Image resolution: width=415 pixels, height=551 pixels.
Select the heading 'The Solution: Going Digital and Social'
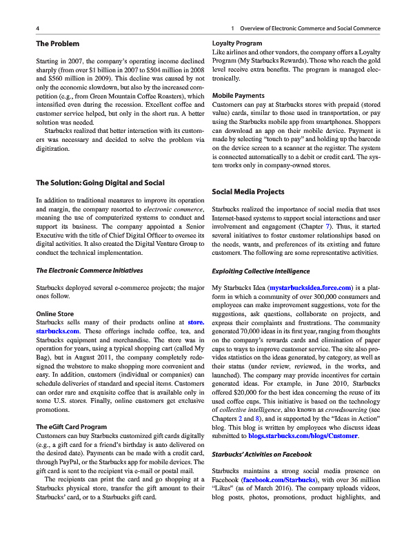100,183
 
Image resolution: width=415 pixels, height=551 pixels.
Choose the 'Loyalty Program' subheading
237,43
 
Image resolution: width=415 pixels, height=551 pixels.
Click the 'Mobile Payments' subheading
239,95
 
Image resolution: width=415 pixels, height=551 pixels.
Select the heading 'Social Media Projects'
249,191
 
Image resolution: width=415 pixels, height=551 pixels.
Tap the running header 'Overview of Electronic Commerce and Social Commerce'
309,29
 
